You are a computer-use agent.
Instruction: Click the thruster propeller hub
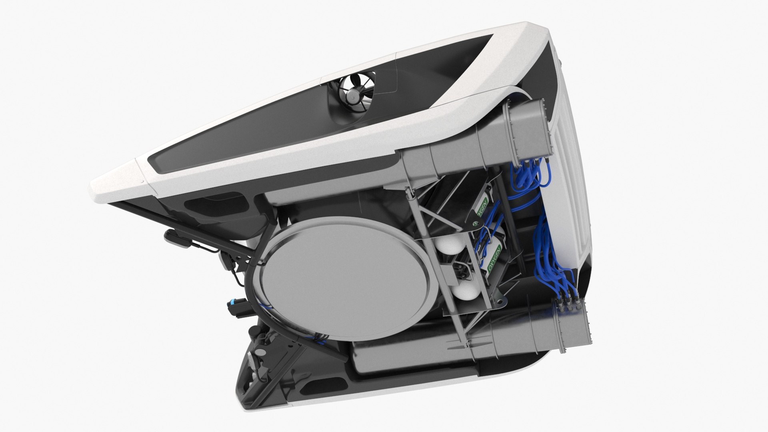tap(353, 96)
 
